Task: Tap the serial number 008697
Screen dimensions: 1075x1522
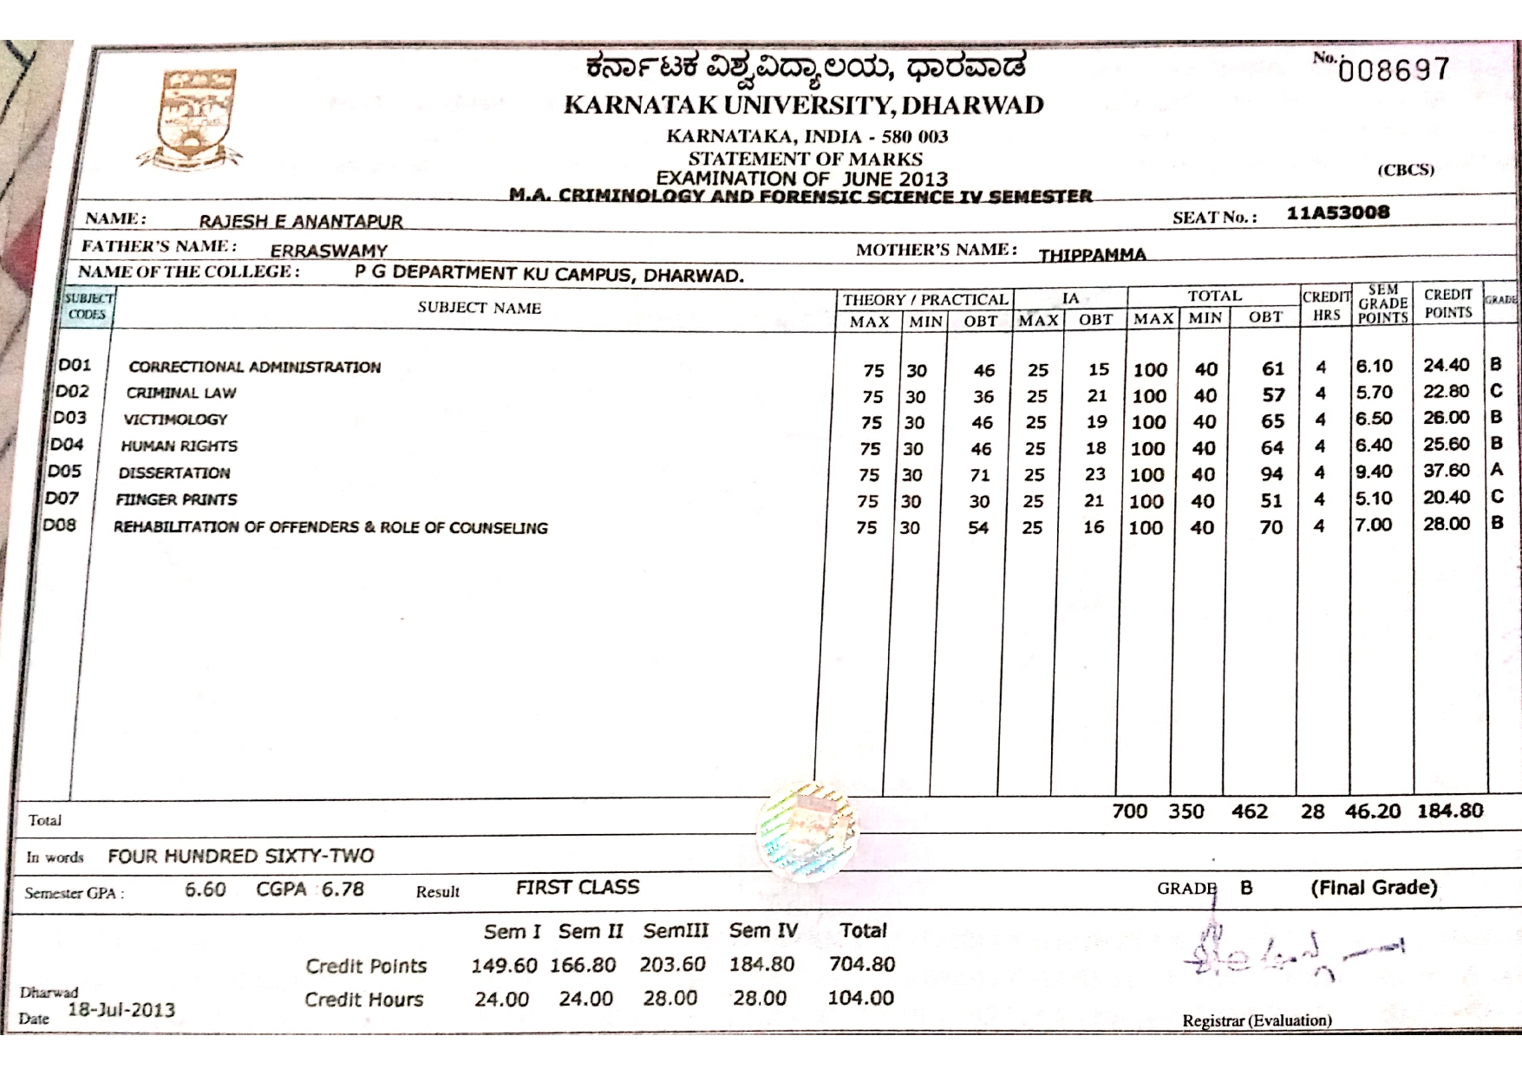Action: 1394,69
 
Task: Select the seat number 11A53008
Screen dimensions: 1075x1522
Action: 1337,212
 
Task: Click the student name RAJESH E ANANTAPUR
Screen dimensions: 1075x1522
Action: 301,221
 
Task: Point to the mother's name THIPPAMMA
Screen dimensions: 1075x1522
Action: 1092,255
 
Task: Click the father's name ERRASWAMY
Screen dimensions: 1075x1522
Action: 329,251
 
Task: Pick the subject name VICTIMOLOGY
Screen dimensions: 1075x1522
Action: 175,420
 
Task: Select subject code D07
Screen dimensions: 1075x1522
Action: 62,498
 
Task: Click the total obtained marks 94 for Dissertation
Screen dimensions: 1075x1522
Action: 1271,474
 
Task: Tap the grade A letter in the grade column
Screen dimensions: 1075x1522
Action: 1496,470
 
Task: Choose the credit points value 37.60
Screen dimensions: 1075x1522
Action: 1446,470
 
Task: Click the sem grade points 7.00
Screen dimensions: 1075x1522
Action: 1374,524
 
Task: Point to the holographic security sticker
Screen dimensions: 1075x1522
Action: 807,831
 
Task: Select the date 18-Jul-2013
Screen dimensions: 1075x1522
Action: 121,1010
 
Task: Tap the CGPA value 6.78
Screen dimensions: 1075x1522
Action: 343,889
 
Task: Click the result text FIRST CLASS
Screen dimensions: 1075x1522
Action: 578,887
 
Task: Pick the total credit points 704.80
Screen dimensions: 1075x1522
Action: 861,964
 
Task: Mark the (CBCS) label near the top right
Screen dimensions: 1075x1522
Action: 1406,170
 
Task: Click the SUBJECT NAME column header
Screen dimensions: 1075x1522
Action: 479,308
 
